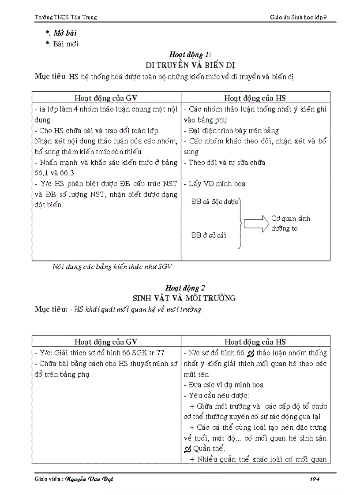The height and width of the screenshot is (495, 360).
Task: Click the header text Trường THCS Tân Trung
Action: pos(66,17)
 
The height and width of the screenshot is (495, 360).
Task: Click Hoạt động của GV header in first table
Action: pos(106,98)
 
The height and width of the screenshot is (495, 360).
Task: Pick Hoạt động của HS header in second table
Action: pos(255,341)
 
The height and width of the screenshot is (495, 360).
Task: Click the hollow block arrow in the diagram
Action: pos(256,223)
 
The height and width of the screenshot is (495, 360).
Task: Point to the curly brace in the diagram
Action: pos(240,223)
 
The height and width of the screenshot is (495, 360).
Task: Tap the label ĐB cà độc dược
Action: pos(214,202)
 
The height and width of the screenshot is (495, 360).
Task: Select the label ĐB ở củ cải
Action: pos(209,235)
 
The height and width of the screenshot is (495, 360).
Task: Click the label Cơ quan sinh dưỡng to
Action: pos(291,223)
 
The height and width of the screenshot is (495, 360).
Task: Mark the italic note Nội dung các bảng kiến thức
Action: pos(112,266)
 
